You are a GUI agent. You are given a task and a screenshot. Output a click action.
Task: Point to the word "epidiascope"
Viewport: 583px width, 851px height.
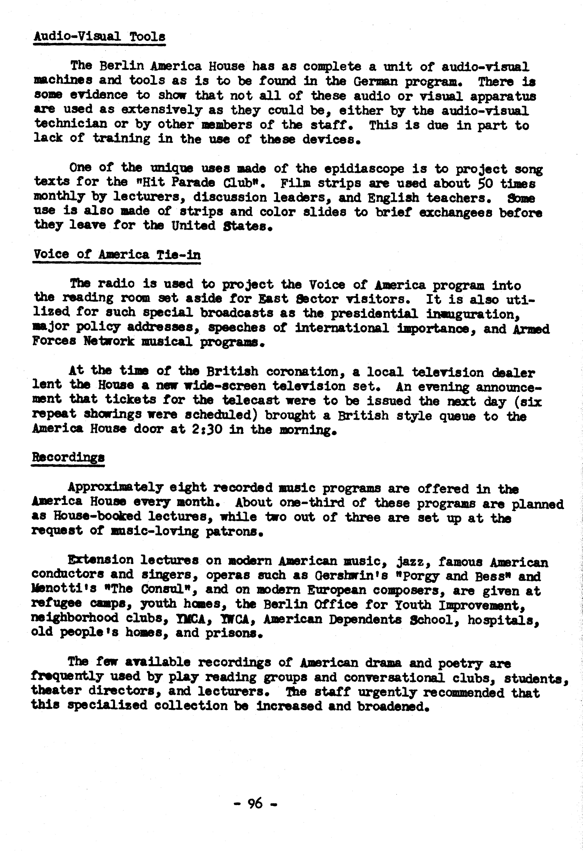(364, 169)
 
